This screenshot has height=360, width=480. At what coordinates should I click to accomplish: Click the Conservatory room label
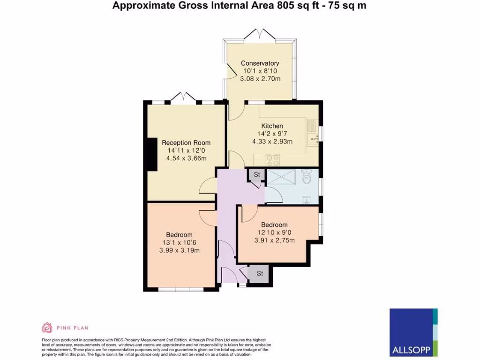click(260, 63)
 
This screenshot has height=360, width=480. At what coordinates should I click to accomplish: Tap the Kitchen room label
click(272, 126)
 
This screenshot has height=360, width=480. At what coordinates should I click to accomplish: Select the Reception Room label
click(186, 143)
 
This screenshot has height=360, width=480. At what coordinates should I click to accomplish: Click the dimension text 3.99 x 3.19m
click(180, 250)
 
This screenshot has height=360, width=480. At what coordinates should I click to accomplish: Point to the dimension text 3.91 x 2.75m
click(274, 240)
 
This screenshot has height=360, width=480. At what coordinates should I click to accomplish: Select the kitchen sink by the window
click(312, 137)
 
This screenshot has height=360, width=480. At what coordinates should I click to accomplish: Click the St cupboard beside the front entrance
click(259, 274)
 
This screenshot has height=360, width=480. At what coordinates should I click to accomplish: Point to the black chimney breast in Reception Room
click(151, 155)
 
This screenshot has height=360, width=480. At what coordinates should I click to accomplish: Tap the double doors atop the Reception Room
click(180, 97)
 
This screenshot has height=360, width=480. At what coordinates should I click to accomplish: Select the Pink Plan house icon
click(47, 328)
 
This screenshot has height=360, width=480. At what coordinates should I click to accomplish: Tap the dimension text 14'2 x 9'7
click(272, 134)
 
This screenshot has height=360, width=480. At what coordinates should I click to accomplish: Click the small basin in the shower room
click(307, 200)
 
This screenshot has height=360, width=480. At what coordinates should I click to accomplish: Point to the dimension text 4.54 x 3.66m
click(186, 158)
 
